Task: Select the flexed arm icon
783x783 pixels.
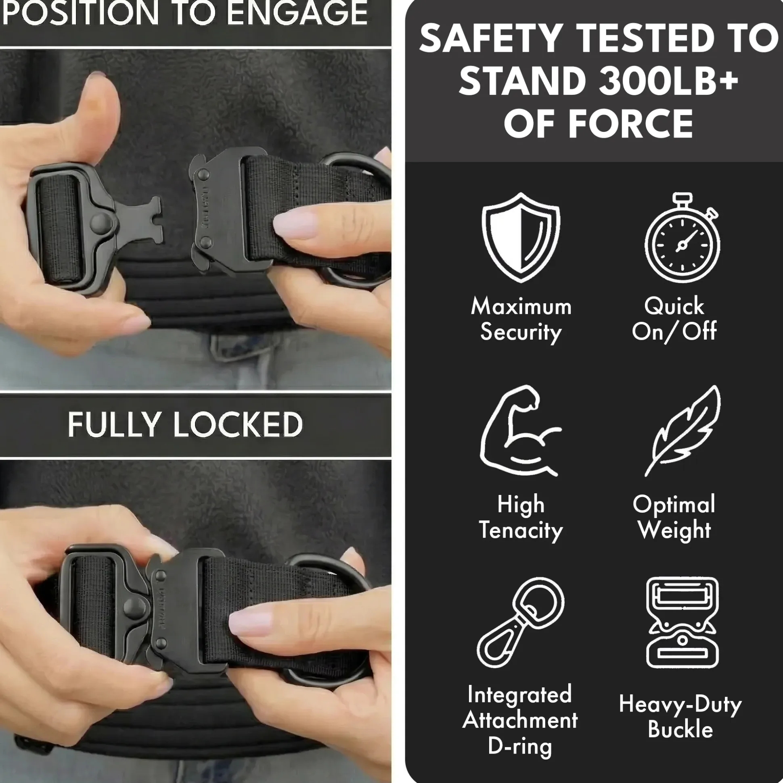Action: coord(520,430)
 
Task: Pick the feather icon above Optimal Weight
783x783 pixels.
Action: coord(683,430)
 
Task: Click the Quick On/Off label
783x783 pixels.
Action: coord(674,319)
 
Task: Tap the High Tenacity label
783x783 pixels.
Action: coord(521,518)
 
